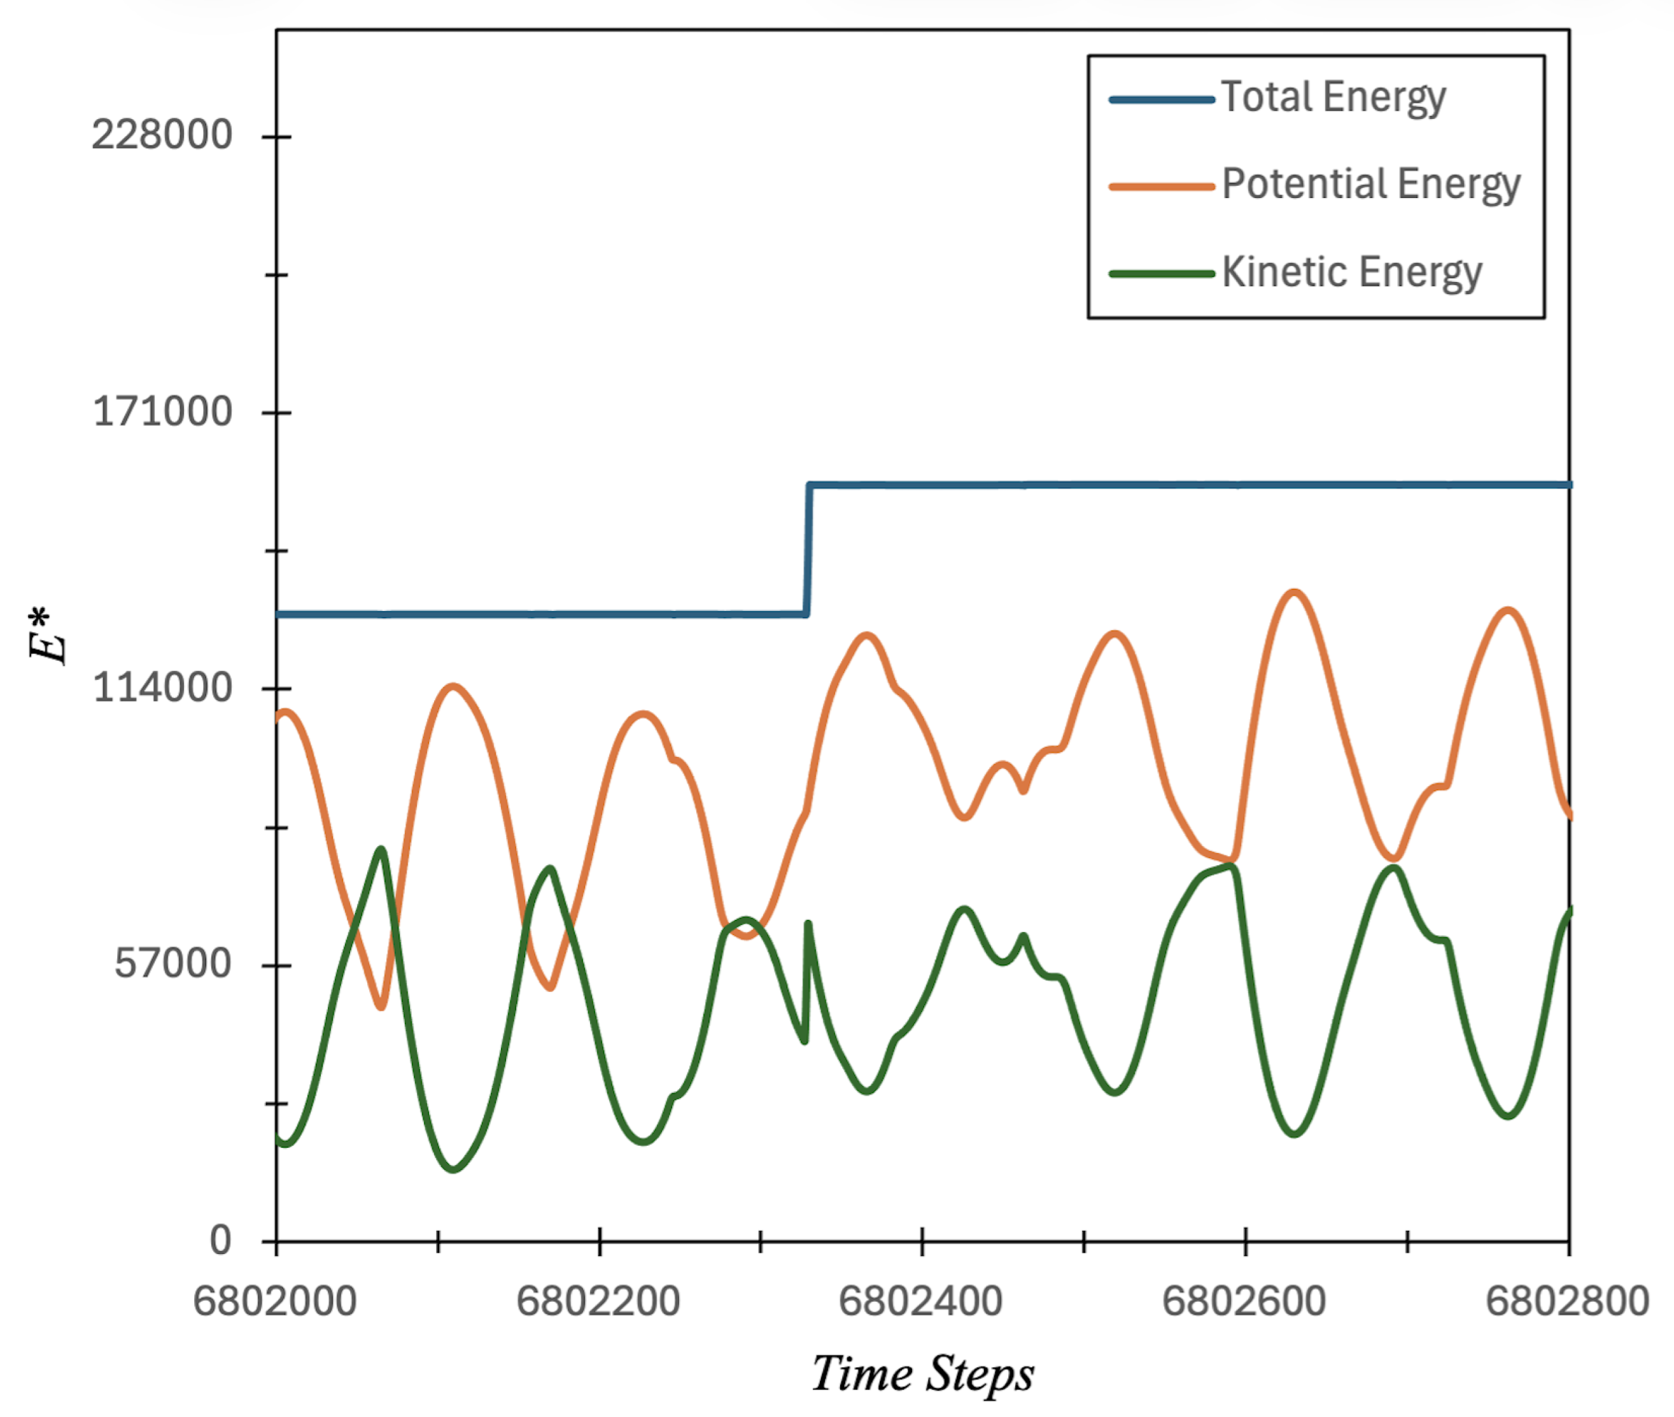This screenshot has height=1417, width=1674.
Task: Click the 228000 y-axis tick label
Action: pyautogui.click(x=162, y=134)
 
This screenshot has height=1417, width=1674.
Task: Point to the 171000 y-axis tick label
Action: pyautogui.click(x=163, y=411)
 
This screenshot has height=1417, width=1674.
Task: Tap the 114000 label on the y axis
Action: pyautogui.click(x=163, y=687)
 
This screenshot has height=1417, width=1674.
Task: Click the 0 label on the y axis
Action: pyautogui.click(x=220, y=1240)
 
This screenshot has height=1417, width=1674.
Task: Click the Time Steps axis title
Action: pyautogui.click(x=922, y=1374)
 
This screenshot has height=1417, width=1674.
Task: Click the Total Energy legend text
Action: pyautogui.click(x=1333, y=98)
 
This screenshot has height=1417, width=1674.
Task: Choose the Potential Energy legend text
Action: pyautogui.click(x=1370, y=185)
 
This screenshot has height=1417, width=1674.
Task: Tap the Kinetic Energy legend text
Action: pyautogui.click(x=1351, y=272)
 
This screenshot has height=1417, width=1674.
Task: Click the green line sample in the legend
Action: pyautogui.click(x=1162, y=274)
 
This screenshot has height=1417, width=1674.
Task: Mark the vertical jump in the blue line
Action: pyautogui.click(x=807, y=550)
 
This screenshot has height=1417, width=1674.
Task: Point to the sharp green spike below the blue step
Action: pyautogui.click(x=808, y=926)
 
